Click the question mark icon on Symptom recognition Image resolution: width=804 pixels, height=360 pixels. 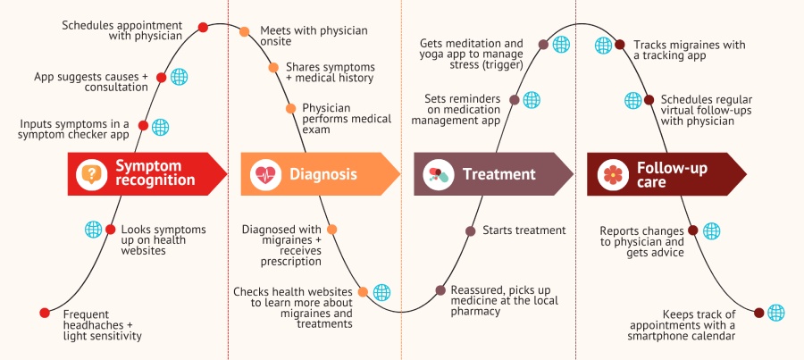coord(92,174)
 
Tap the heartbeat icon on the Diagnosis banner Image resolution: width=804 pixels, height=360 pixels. coord(265,174)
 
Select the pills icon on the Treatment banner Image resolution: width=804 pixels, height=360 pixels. coord(439,174)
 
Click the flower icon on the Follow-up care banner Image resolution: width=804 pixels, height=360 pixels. coord(613,175)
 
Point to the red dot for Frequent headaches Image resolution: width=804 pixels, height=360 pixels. coord(45,313)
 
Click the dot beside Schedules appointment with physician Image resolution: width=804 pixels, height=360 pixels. coord(203,28)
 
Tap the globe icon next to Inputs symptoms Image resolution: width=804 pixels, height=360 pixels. coord(161,127)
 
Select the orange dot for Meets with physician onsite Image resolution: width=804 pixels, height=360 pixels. coord(245,32)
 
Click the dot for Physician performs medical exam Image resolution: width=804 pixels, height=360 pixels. coord(290,109)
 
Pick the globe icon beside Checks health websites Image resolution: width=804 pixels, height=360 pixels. coord(381,292)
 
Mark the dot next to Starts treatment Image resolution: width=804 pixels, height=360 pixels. coord(471,230)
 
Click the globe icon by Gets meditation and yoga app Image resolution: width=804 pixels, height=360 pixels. coord(561,45)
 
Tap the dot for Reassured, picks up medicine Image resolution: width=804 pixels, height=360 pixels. coord(440,290)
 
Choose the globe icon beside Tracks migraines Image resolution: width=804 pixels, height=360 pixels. coord(604,46)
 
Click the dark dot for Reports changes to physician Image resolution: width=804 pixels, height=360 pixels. coord(692,230)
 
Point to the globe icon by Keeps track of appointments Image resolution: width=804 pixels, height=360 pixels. coord(775,313)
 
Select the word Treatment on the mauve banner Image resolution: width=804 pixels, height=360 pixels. coord(498,174)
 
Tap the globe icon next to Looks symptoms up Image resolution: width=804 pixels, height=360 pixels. coord(93,230)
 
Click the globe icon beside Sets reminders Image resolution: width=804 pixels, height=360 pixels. coord(532,99)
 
